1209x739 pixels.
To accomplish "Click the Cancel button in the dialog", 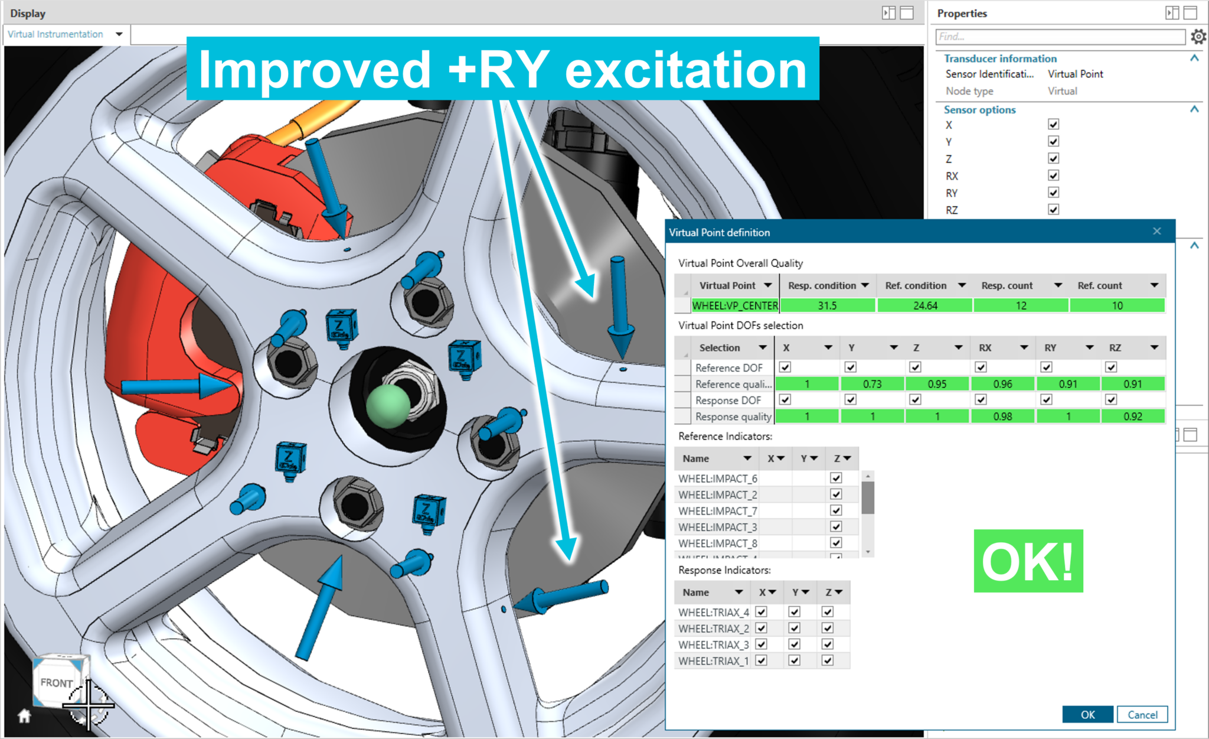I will (1142, 714).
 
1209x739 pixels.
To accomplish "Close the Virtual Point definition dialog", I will (1156, 232).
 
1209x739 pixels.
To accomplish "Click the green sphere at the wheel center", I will (388, 406).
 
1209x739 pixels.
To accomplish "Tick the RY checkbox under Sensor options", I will (1053, 193).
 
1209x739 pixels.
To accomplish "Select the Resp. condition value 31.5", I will (827, 305).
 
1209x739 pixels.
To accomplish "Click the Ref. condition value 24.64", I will (924, 305).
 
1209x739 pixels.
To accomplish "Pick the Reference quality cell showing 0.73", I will (872, 384).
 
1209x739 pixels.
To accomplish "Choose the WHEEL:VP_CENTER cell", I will (735, 305).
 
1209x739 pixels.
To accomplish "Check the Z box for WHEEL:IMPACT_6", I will (836, 478).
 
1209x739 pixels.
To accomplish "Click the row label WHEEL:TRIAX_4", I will (713, 612).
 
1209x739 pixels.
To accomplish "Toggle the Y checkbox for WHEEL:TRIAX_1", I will (795, 660).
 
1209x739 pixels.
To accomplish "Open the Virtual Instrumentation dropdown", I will (119, 34).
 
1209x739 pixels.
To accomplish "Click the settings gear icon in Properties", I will (1198, 37).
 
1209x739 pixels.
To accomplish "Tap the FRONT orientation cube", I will (57, 682).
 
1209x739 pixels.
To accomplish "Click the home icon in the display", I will (24, 716).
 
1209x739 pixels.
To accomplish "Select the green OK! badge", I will (1028, 561).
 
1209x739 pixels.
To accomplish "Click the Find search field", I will (1060, 37).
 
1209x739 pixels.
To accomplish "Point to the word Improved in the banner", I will (315, 70).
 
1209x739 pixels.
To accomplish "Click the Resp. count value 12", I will (1021, 305).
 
